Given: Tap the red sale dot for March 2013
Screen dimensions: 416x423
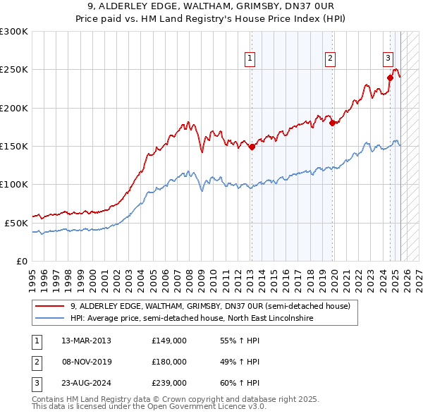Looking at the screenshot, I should pyautogui.click(x=252, y=147).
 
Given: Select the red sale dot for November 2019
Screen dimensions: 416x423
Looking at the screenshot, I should pyautogui.click(x=332, y=123).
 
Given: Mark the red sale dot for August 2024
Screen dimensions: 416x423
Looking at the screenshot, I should pyautogui.click(x=390, y=78).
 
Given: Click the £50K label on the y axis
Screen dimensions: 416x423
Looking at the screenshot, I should pyautogui.click(x=16, y=223).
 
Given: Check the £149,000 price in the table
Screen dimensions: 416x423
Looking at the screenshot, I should pyautogui.click(x=169, y=341).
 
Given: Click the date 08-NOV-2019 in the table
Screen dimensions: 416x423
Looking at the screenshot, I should pyautogui.click(x=86, y=362).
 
